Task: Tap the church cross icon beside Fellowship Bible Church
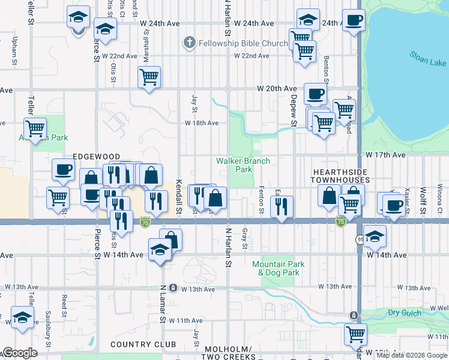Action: tap(189, 43)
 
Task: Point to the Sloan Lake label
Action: tap(427, 61)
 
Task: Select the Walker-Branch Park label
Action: tap(243, 165)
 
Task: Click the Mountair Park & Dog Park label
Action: tap(278, 268)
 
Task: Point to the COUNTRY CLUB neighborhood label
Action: tap(143, 345)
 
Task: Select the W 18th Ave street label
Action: tap(201, 123)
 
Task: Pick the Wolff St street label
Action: tap(423, 195)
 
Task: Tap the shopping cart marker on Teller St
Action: tap(35, 128)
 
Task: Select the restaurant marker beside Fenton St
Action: tap(282, 207)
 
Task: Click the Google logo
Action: tap(20, 353)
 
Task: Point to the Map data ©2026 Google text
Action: tap(412, 355)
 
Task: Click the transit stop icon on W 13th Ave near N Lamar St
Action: tap(173, 287)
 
